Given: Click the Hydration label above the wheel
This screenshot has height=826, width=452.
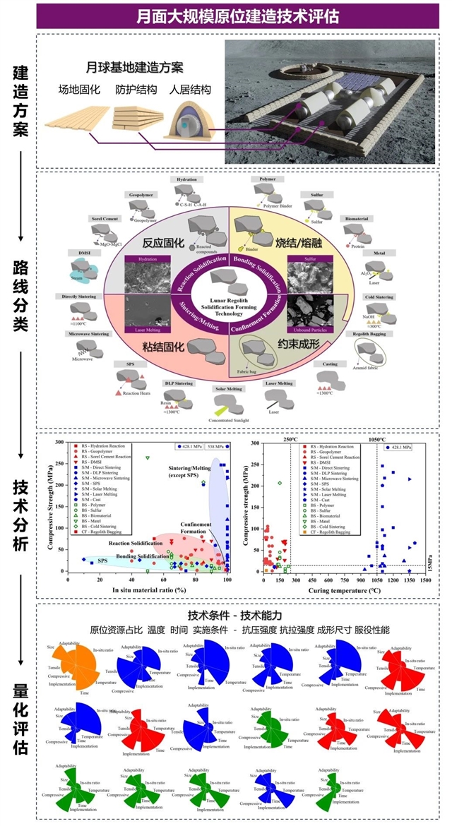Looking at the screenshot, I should (187, 181).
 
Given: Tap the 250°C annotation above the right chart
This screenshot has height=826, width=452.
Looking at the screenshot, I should (291, 439).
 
